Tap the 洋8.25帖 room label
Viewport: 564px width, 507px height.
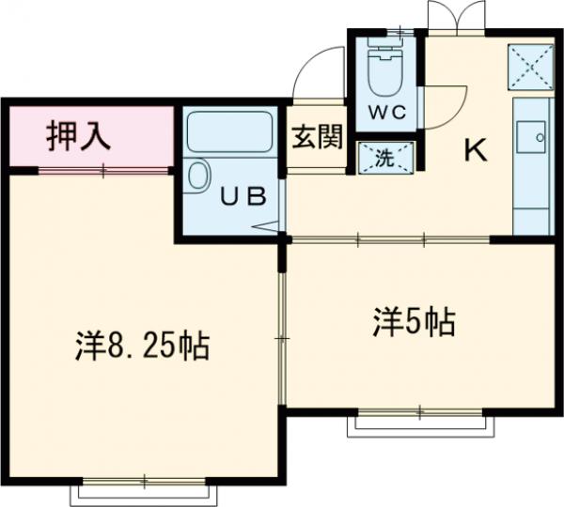coord(141,346)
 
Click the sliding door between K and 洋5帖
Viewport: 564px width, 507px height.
coord(390,240)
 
